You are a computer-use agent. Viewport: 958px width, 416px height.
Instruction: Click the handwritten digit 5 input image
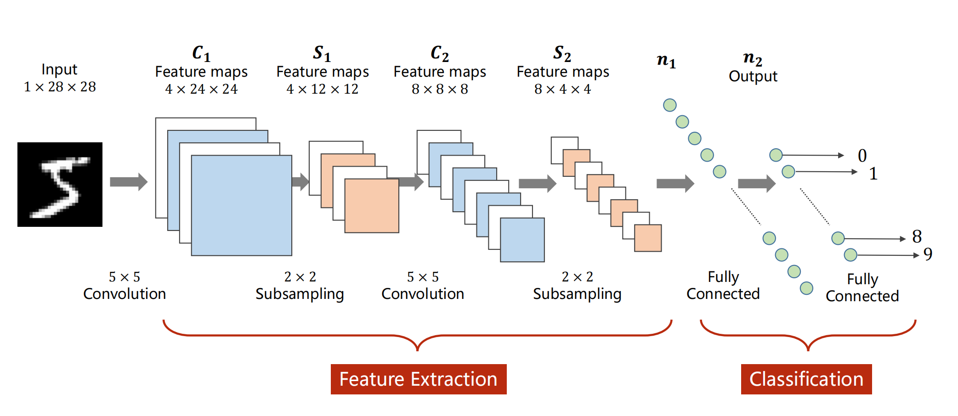(x=60, y=184)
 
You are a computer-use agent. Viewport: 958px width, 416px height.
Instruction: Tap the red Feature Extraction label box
(x=419, y=379)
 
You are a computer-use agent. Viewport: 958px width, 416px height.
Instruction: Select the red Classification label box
(x=806, y=379)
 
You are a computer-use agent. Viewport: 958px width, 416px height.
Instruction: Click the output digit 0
(x=862, y=156)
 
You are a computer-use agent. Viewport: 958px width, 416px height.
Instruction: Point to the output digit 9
(x=928, y=254)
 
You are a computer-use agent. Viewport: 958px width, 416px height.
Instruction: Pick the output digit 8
(x=917, y=236)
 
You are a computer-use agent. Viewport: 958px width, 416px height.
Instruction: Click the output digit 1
(x=873, y=174)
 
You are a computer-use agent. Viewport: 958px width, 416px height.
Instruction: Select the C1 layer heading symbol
(x=201, y=53)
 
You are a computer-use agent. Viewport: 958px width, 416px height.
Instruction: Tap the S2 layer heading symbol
(x=562, y=53)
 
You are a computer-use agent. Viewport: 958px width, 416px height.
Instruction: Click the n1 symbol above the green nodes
(x=666, y=60)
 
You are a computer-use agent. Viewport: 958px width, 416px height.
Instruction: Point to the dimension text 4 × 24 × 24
(x=201, y=89)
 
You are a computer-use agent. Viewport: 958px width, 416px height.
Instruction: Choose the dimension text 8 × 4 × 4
(x=562, y=89)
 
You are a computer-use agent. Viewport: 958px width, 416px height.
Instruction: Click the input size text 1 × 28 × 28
(x=60, y=86)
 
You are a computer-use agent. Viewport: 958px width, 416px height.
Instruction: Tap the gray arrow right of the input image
(x=129, y=182)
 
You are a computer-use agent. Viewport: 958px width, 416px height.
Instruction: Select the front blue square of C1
(x=242, y=205)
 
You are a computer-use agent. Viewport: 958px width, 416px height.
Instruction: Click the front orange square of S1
(x=372, y=206)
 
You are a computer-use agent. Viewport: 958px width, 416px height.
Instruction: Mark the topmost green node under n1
(x=670, y=105)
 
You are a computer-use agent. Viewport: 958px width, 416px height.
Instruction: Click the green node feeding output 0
(x=776, y=155)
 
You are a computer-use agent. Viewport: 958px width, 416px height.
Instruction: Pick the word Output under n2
(x=753, y=76)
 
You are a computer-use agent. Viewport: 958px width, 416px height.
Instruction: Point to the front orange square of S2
(x=648, y=238)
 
